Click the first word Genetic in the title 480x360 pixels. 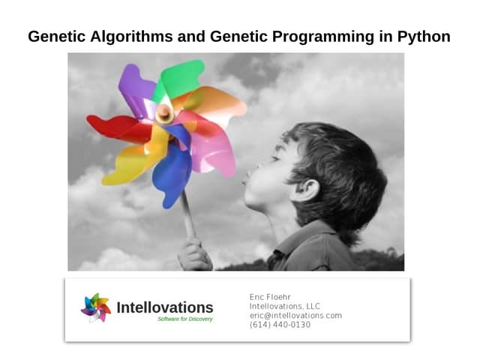(x=54, y=35)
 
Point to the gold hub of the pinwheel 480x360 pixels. (x=163, y=113)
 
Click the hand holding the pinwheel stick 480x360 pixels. (x=193, y=254)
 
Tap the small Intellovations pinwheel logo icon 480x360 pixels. (x=96, y=307)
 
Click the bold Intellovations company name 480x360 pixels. (x=165, y=307)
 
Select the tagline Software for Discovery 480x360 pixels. (x=185, y=319)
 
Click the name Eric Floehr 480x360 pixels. (x=270, y=297)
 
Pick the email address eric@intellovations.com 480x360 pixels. (x=295, y=316)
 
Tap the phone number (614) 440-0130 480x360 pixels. (x=280, y=325)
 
